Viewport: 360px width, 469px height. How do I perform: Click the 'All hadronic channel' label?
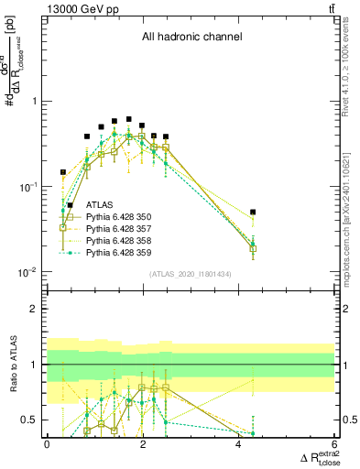191,38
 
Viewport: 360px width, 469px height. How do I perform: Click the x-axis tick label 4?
238,444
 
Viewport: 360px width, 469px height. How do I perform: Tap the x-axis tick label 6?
334,444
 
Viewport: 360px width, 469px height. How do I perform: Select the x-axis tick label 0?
47,444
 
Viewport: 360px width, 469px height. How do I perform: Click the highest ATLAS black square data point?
129,119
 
